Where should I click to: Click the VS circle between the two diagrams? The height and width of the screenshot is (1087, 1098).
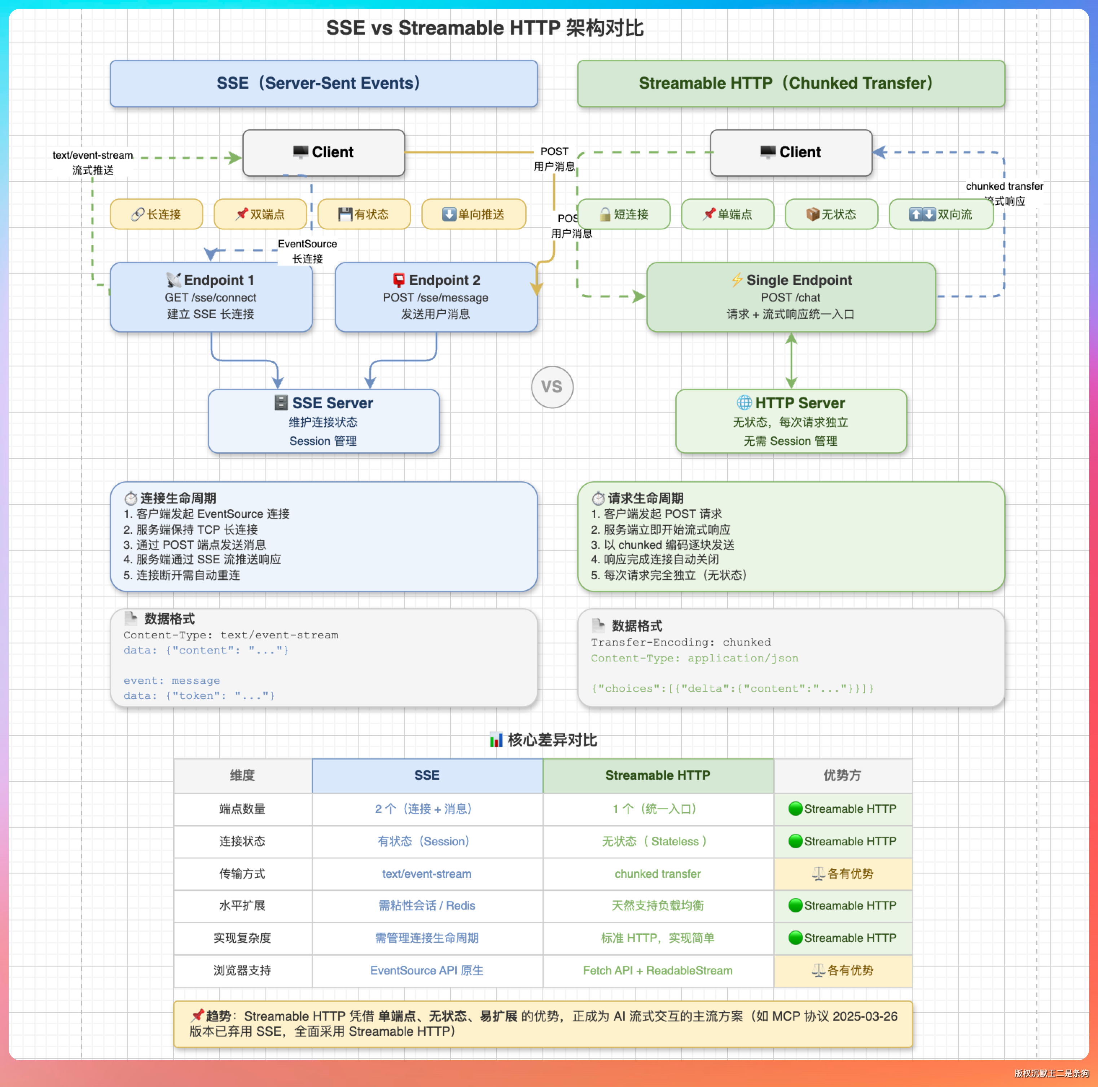click(552, 387)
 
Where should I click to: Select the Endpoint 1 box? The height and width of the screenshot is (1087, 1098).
click(211, 296)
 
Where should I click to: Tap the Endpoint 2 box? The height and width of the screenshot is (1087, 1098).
click(435, 296)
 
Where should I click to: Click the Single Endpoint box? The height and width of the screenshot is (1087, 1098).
click(791, 296)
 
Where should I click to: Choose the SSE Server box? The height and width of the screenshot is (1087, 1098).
click(323, 421)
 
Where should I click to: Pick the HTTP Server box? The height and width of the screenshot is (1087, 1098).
click(791, 421)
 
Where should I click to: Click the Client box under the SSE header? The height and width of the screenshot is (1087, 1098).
click(323, 152)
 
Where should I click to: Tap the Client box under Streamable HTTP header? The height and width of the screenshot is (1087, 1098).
click(791, 152)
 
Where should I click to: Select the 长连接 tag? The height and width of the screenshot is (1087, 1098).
click(156, 214)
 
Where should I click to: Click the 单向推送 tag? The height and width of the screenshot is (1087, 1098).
click(473, 214)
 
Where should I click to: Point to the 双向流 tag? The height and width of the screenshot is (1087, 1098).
click(941, 214)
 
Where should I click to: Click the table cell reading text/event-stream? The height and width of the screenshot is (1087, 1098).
click(427, 874)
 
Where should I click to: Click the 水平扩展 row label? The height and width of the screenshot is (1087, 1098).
click(242, 906)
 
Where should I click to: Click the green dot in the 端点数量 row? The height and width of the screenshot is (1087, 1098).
click(795, 809)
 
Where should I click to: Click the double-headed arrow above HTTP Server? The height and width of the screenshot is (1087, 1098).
click(791, 360)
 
